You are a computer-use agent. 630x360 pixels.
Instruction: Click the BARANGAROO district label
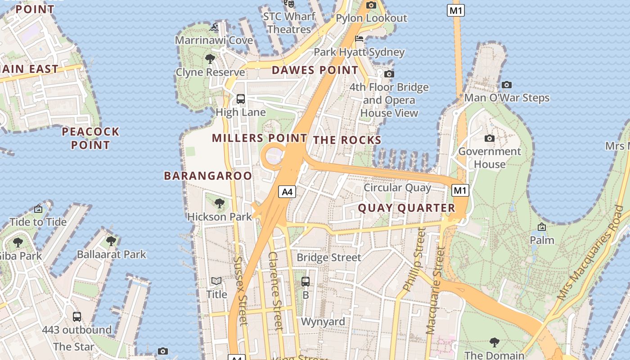[x=208, y=175]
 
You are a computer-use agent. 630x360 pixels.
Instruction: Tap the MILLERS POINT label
[x=260, y=138]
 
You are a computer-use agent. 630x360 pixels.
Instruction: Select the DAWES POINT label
[x=315, y=70]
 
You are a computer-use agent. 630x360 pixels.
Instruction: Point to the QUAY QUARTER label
[x=407, y=208]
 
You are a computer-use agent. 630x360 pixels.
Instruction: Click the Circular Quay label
[x=397, y=188]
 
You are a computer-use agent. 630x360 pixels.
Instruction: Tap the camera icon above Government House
[x=490, y=138]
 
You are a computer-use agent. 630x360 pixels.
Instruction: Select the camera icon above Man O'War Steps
[x=507, y=85]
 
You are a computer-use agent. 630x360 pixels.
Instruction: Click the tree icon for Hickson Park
[x=220, y=203]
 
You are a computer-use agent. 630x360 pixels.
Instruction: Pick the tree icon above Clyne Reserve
[x=210, y=58]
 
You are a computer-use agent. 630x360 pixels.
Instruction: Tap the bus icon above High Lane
[x=241, y=99]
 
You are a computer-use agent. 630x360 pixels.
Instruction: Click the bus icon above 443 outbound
[x=77, y=316]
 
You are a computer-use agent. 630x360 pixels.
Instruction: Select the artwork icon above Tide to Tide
[x=38, y=209]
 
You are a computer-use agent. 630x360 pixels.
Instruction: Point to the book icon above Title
[x=216, y=281]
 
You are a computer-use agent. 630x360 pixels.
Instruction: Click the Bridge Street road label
[x=329, y=257]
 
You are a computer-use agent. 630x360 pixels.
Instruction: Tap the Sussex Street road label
[x=240, y=290]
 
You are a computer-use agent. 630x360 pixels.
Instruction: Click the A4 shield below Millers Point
[x=287, y=192]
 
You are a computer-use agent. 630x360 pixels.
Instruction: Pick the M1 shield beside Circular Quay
[x=460, y=190]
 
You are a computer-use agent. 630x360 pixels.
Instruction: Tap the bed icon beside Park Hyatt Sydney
[x=359, y=39]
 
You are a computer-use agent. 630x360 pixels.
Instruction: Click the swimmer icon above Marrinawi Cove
[x=214, y=27]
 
